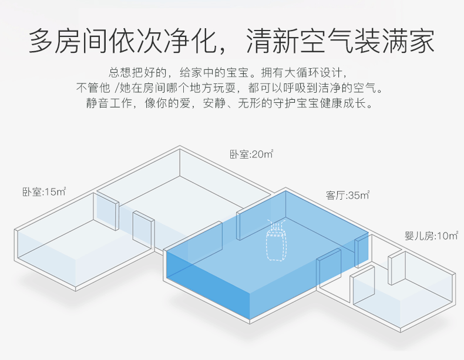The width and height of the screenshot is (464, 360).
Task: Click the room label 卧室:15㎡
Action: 44,191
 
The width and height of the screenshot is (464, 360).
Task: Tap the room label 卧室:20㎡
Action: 251,154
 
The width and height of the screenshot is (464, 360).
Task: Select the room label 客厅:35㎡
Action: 348,195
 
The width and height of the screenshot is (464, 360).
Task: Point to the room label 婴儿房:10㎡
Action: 431,236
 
